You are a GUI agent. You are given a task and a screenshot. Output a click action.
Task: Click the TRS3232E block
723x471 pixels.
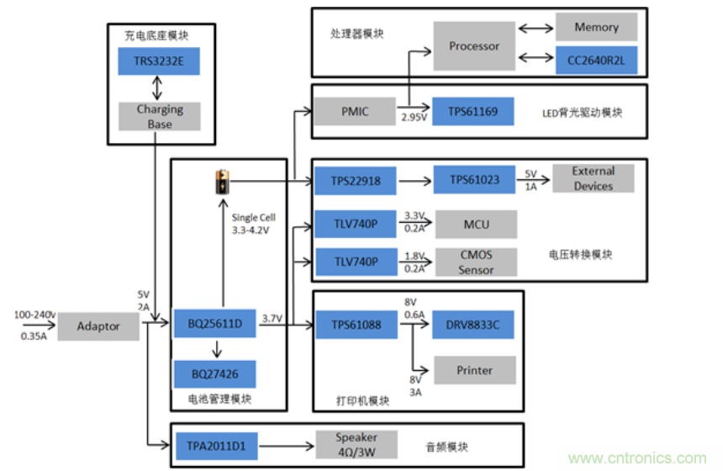(160, 61)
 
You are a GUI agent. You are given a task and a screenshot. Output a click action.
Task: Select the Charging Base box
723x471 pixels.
(160, 117)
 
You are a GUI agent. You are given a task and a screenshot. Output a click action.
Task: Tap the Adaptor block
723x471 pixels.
(98, 325)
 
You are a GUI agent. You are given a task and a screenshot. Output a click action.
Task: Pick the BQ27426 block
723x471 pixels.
(214, 373)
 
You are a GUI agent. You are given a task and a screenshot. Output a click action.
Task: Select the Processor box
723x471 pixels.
(474, 46)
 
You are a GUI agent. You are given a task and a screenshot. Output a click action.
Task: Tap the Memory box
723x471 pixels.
(596, 28)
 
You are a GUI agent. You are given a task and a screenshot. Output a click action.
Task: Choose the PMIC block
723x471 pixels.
(355, 111)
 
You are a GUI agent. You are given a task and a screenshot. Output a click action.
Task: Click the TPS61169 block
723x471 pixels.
(474, 111)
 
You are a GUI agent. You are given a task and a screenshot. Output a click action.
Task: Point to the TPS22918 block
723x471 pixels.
(355, 180)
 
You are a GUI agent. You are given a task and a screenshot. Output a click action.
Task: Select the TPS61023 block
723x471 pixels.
(474, 180)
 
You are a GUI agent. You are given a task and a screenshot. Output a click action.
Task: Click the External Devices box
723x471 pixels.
(593, 178)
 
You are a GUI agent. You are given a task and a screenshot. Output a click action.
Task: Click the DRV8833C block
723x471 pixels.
(474, 325)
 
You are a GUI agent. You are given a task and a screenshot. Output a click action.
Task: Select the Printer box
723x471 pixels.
(474, 370)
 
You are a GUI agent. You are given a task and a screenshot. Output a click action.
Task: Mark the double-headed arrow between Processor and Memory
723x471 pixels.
(535, 28)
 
